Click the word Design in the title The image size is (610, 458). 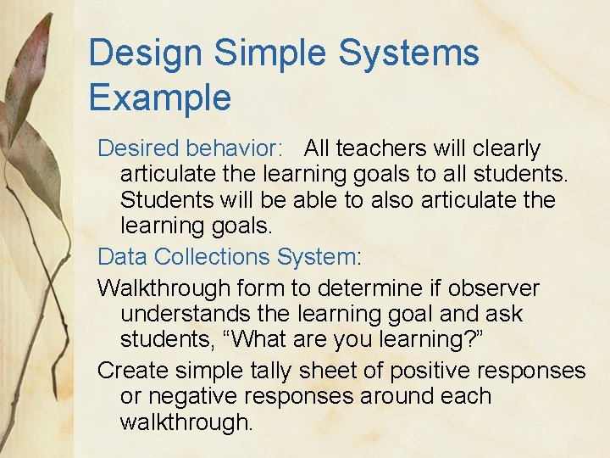(145, 53)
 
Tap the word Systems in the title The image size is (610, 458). (409, 53)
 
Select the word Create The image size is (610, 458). (134, 370)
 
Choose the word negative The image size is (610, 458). (202, 397)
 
